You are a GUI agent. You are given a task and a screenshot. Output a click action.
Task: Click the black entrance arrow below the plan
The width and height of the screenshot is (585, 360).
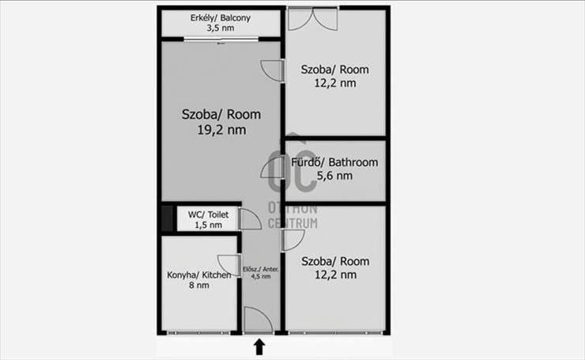[x=259, y=347]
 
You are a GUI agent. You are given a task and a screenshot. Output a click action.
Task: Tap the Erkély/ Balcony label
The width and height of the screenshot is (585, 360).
[x=221, y=17]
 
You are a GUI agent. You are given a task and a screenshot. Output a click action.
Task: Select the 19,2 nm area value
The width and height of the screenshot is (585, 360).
[x=221, y=130]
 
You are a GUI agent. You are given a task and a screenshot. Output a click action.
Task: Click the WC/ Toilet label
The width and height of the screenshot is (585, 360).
[x=208, y=214]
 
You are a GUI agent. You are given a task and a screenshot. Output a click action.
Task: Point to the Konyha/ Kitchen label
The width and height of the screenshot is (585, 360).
[x=199, y=275]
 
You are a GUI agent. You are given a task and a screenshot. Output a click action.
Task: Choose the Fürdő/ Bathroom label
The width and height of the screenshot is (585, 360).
[x=334, y=162]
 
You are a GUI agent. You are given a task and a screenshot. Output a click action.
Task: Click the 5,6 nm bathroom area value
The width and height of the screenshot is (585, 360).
[x=334, y=176]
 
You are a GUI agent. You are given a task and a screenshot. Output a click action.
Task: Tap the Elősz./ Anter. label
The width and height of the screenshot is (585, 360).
[x=261, y=269]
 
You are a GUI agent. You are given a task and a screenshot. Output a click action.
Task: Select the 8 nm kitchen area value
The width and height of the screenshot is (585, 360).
[x=199, y=286]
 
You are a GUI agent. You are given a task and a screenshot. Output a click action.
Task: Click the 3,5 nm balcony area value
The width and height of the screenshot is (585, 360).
[x=221, y=28]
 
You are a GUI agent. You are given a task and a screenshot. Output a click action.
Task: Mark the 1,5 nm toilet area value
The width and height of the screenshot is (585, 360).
[x=208, y=225]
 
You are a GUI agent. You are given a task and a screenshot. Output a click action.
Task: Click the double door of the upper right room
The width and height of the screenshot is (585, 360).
[x=313, y=20]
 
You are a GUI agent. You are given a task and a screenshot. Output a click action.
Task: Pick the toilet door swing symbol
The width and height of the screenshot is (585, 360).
[x=250, y=219]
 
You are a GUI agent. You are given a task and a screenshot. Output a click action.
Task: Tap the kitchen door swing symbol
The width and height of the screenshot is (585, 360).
[x=228, y=266]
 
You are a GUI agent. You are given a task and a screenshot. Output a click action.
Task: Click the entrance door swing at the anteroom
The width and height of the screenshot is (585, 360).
[x=259, y=320]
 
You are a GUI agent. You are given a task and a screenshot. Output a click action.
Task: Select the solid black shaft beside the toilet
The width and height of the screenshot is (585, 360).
[x=167, y=219]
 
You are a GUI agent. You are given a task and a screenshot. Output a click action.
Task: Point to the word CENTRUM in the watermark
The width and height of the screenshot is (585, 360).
[x=292, y=223]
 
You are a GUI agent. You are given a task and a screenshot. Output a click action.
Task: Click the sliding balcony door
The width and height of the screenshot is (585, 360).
[x=221, y=39]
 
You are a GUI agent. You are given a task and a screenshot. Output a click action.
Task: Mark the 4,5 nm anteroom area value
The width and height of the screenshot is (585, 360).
[x=261, y=277]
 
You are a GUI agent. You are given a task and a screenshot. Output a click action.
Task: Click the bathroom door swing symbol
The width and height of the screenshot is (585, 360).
[x=273, y=167]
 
